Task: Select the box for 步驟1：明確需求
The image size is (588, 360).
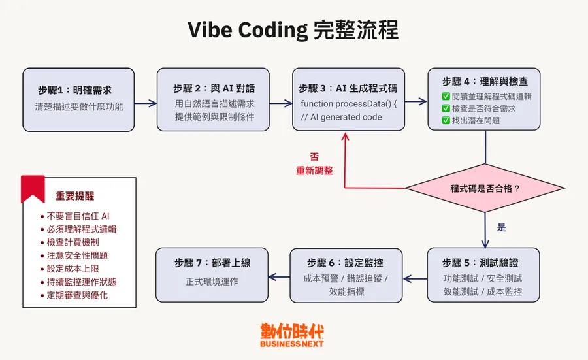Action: click(x=78, y=99)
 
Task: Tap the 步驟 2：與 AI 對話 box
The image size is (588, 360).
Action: click(x=213, y=99)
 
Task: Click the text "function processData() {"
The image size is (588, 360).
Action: click(x=349, y=105)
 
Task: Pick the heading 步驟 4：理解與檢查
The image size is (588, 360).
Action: click(x=485, y=82)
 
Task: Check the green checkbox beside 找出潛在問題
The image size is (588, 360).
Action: click(x=446, y=120)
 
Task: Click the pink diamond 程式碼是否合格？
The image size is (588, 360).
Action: click(x=485, y=189)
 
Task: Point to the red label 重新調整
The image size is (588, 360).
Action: click(x=314, y=171)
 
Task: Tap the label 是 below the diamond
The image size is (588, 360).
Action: click(x=502, y=228)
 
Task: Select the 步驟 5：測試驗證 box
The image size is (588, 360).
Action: click(x=483, y=274)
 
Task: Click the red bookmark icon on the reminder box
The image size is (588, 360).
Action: click(x=33, y=188)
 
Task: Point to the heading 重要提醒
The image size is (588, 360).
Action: click(x=74, y=196)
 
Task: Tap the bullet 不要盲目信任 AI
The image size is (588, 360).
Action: click(x=78, y=216)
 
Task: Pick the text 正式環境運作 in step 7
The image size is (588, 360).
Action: click(x=212, y=282)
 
